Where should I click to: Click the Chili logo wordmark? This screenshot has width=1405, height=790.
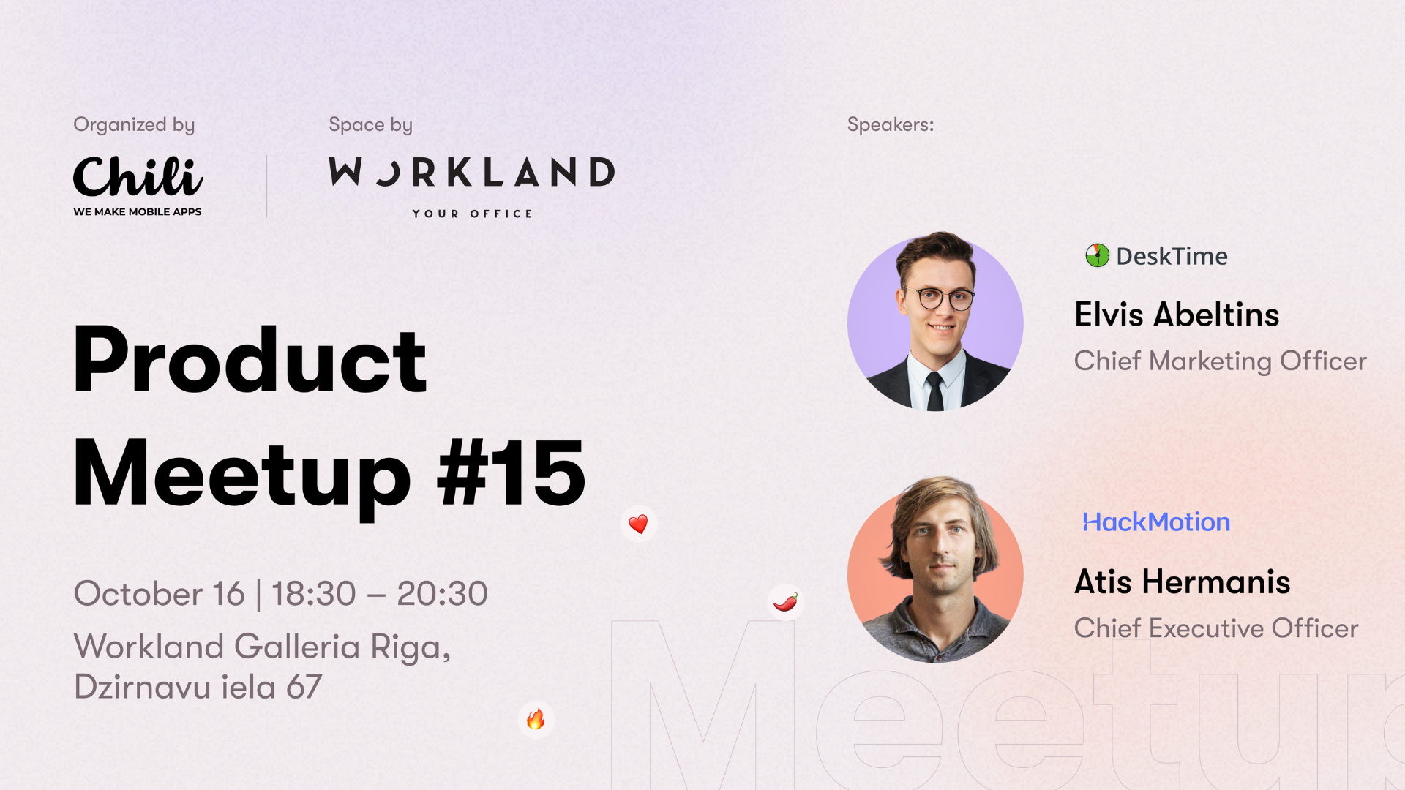(x=138, y=176)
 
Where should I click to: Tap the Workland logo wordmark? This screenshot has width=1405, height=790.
(x=472, y=172)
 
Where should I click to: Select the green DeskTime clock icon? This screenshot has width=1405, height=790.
(x=1097, y=255)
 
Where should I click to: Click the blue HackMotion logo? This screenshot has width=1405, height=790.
(x=1156, y=522)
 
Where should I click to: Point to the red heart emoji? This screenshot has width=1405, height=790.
(x=638, y=524)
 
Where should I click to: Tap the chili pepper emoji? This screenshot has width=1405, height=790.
(x=786, y=602)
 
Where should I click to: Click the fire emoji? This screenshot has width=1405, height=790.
(x=536, y=719)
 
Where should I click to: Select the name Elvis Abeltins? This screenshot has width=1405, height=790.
(x=1177, y=315)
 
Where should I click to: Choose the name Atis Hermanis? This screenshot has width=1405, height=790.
(x=1182, y=582)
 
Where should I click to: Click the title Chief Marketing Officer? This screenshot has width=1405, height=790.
(x=1220, y=361)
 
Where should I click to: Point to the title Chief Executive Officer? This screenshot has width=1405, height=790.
(x=1216, y=628)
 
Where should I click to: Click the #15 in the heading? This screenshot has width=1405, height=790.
(x=511, y=473)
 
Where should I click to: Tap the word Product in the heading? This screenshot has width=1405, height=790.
(x=250, y=360)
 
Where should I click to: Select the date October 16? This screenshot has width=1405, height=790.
(x=159, y=593)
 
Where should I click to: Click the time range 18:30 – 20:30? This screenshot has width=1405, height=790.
(x=379, y=593)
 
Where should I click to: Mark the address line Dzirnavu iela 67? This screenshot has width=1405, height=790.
(x=198, y=687)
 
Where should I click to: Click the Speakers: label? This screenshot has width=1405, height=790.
(x=891, y=124)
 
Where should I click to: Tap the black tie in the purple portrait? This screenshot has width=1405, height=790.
(x=935, y=391)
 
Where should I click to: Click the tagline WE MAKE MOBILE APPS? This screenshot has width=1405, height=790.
(x=138, y=211)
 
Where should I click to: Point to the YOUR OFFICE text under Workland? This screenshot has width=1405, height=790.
(x=473, y=214)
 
